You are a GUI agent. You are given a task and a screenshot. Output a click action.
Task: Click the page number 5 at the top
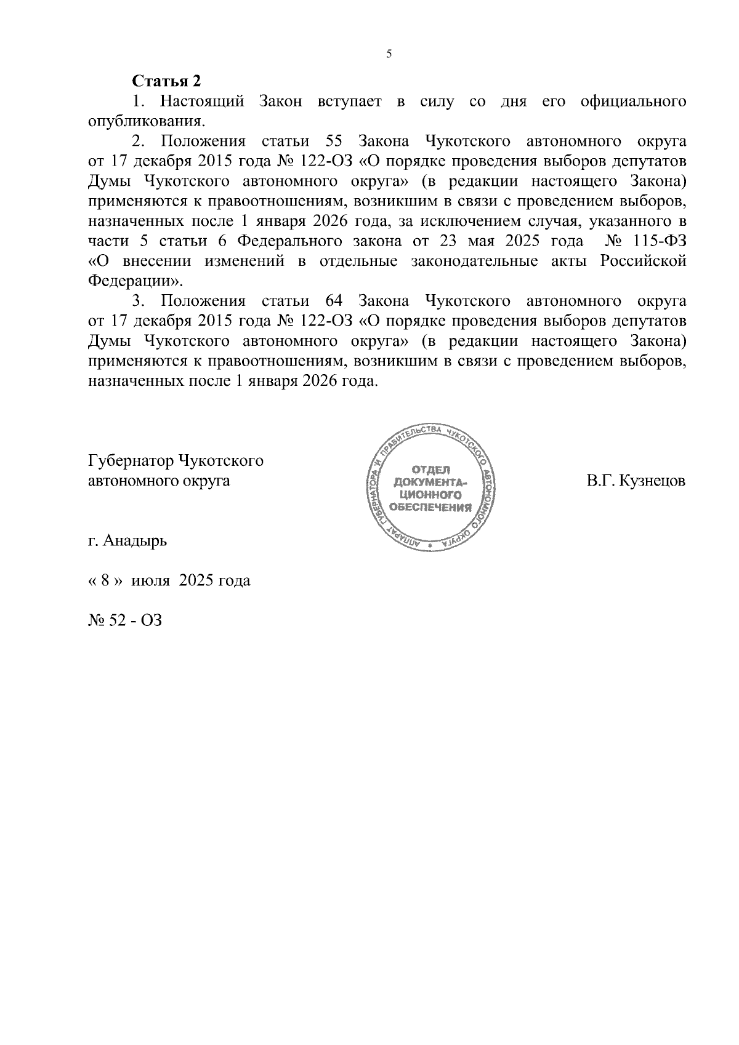click(x=389, y=54)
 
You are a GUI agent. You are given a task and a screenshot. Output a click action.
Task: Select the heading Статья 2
click(x=166, y=81)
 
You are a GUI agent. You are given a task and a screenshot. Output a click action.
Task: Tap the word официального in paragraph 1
click(x=633, y=101)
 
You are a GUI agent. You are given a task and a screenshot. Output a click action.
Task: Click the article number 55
click(x=334, y=141)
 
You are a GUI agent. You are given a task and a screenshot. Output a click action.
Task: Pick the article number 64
click(x=334, y=301)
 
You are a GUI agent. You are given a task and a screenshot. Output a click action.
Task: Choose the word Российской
click(x=643, y=261)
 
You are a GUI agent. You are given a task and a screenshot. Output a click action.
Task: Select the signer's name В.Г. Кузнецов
click(x=636, y=481)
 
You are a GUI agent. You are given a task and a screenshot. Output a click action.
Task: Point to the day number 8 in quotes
click(x=105, y=580)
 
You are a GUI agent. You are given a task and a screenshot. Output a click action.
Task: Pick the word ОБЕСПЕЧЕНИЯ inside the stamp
click(x=431, y=507)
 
